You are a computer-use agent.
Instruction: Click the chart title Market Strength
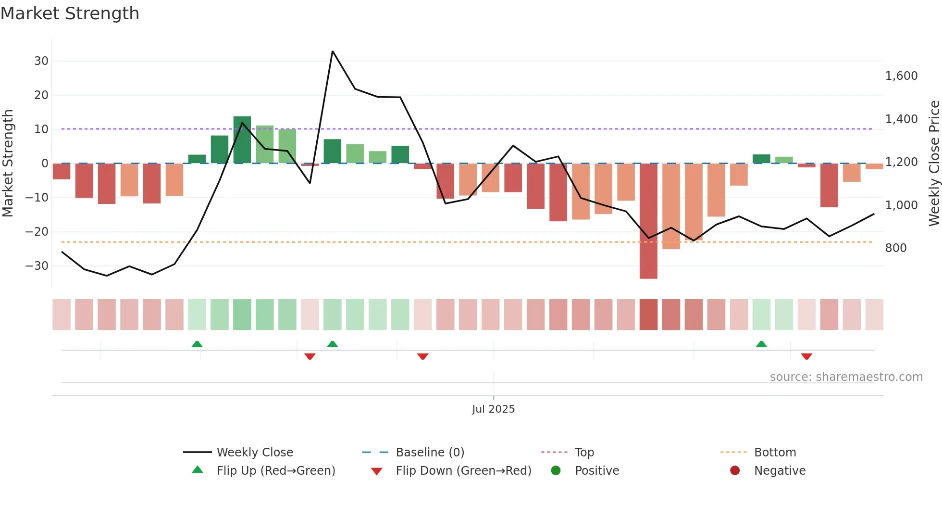point(70,13)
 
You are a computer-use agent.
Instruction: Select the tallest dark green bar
point(242,140)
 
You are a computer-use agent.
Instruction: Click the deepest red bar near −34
point(648,221)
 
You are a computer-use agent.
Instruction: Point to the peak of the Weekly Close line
point(333,51)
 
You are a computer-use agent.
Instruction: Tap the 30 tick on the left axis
point(41,61)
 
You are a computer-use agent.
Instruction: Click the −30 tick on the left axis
point(37,266)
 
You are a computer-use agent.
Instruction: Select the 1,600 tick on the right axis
point(901,76)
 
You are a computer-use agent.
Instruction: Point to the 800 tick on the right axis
point(896,248)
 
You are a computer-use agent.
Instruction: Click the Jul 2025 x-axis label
point(493,409)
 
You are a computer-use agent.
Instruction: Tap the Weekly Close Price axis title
point(934,164)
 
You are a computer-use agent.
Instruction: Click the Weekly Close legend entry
point(254,453)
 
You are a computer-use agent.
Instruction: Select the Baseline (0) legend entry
point(430,453)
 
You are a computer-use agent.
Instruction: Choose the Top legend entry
point(584,453)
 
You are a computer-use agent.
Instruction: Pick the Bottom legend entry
point(775,453)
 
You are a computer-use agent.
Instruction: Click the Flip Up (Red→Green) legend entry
point(275,471)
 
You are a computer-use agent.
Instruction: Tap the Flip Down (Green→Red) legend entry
point(463,471)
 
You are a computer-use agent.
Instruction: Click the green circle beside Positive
point(556,471)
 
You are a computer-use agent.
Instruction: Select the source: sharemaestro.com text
point(846,377)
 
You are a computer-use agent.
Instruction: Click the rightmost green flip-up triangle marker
point(761,344)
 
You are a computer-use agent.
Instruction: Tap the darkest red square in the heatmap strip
point(648,315)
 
